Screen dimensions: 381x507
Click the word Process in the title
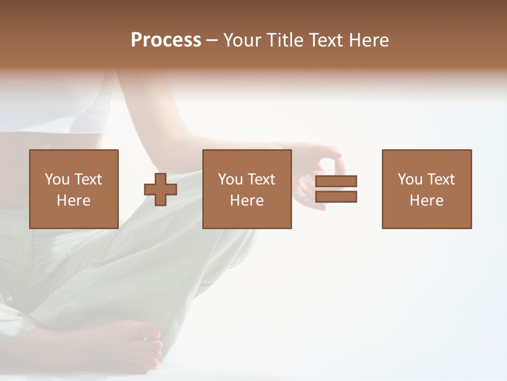tap(166, 40)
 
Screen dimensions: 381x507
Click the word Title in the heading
tap(283, 40)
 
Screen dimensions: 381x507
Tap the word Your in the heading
tap(242, 40)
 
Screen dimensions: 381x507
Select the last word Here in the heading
tap(369, 40)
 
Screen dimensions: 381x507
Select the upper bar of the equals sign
tap(336, 181)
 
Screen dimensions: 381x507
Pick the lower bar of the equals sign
tap(336, 196)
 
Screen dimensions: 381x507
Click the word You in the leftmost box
tap(57, 179)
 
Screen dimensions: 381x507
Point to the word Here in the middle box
tap(247, 201)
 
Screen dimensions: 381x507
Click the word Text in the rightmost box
tap(440, 179)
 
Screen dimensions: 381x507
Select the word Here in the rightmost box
tap(426, 201)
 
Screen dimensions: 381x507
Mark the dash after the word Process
tap(212, 41)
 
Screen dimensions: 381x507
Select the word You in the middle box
tap(230, 179)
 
